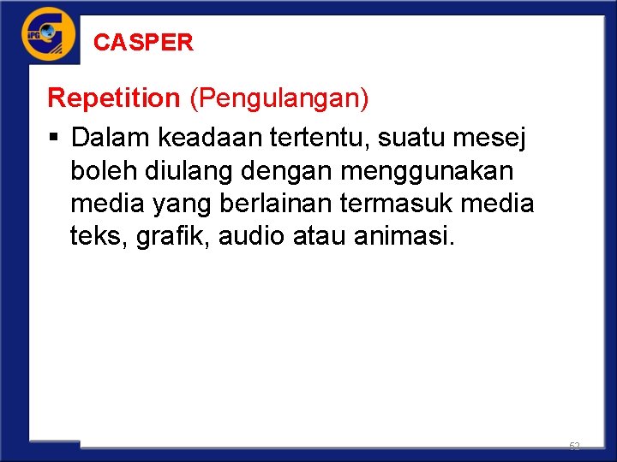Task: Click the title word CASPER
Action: [143, 42]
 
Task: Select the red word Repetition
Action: [113, 98]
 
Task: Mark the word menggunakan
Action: [427, 172]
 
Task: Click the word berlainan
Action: [267, 204]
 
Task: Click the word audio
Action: [252, 236]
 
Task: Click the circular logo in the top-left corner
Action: [49, 34]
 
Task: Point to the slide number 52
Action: [574, 447]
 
